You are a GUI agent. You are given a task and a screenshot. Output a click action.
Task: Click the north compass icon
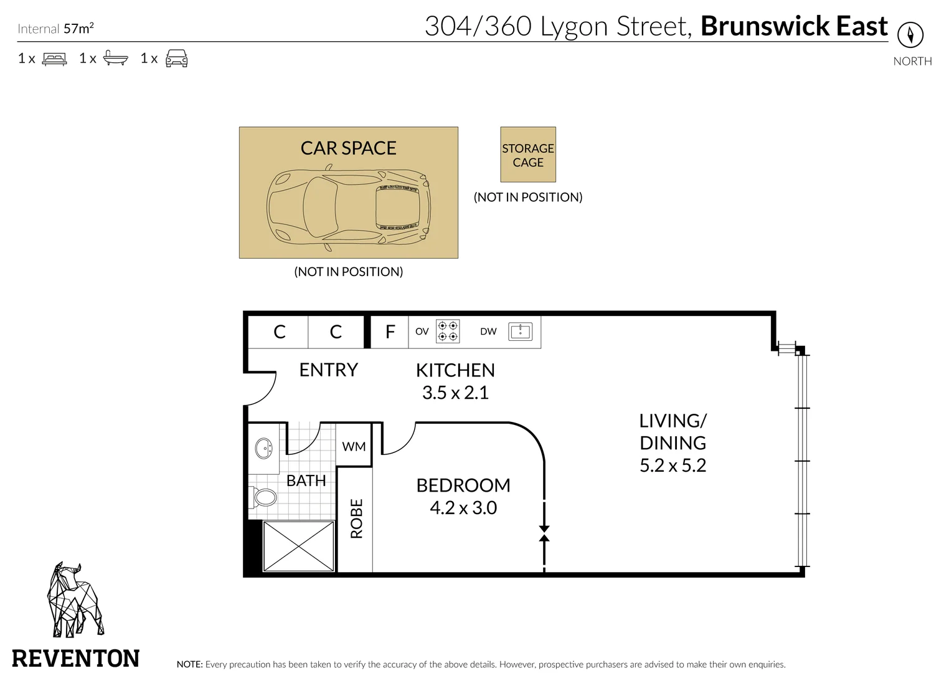coord(910,34)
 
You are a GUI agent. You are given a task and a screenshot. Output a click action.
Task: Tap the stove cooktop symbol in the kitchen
coord(448,332)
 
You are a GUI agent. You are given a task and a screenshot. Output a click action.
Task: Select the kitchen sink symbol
coord(520,332)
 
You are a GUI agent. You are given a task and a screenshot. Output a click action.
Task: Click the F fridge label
coord(390,332)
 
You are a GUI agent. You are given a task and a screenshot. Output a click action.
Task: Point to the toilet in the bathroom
coord(263,497)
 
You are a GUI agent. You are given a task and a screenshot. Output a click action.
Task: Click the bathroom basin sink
coord(264,448)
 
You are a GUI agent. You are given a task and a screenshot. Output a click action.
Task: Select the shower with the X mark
coord(298,546)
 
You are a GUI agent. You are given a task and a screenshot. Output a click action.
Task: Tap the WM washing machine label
coord(354,447)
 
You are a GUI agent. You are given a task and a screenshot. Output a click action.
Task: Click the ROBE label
coord(357,518)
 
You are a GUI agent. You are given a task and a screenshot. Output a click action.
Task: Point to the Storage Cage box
coord(528,155)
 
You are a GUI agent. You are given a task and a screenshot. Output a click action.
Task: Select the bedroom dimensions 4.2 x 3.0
coord(463,508)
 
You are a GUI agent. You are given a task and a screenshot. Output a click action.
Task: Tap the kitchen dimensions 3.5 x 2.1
coord(455,393)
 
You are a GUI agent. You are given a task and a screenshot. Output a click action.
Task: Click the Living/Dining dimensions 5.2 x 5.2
coord(673,465)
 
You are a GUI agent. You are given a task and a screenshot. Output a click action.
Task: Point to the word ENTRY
coord(328,370)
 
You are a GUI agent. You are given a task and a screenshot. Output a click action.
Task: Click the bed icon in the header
coord(54,59)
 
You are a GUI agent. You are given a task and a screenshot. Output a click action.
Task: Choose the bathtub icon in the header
coord(115,58)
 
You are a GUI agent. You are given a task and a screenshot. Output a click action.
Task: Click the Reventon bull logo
coord(75,599)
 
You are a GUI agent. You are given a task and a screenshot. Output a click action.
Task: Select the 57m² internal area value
coord(78,28)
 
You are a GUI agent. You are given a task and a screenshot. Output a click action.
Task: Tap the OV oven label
coord(422,332)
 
